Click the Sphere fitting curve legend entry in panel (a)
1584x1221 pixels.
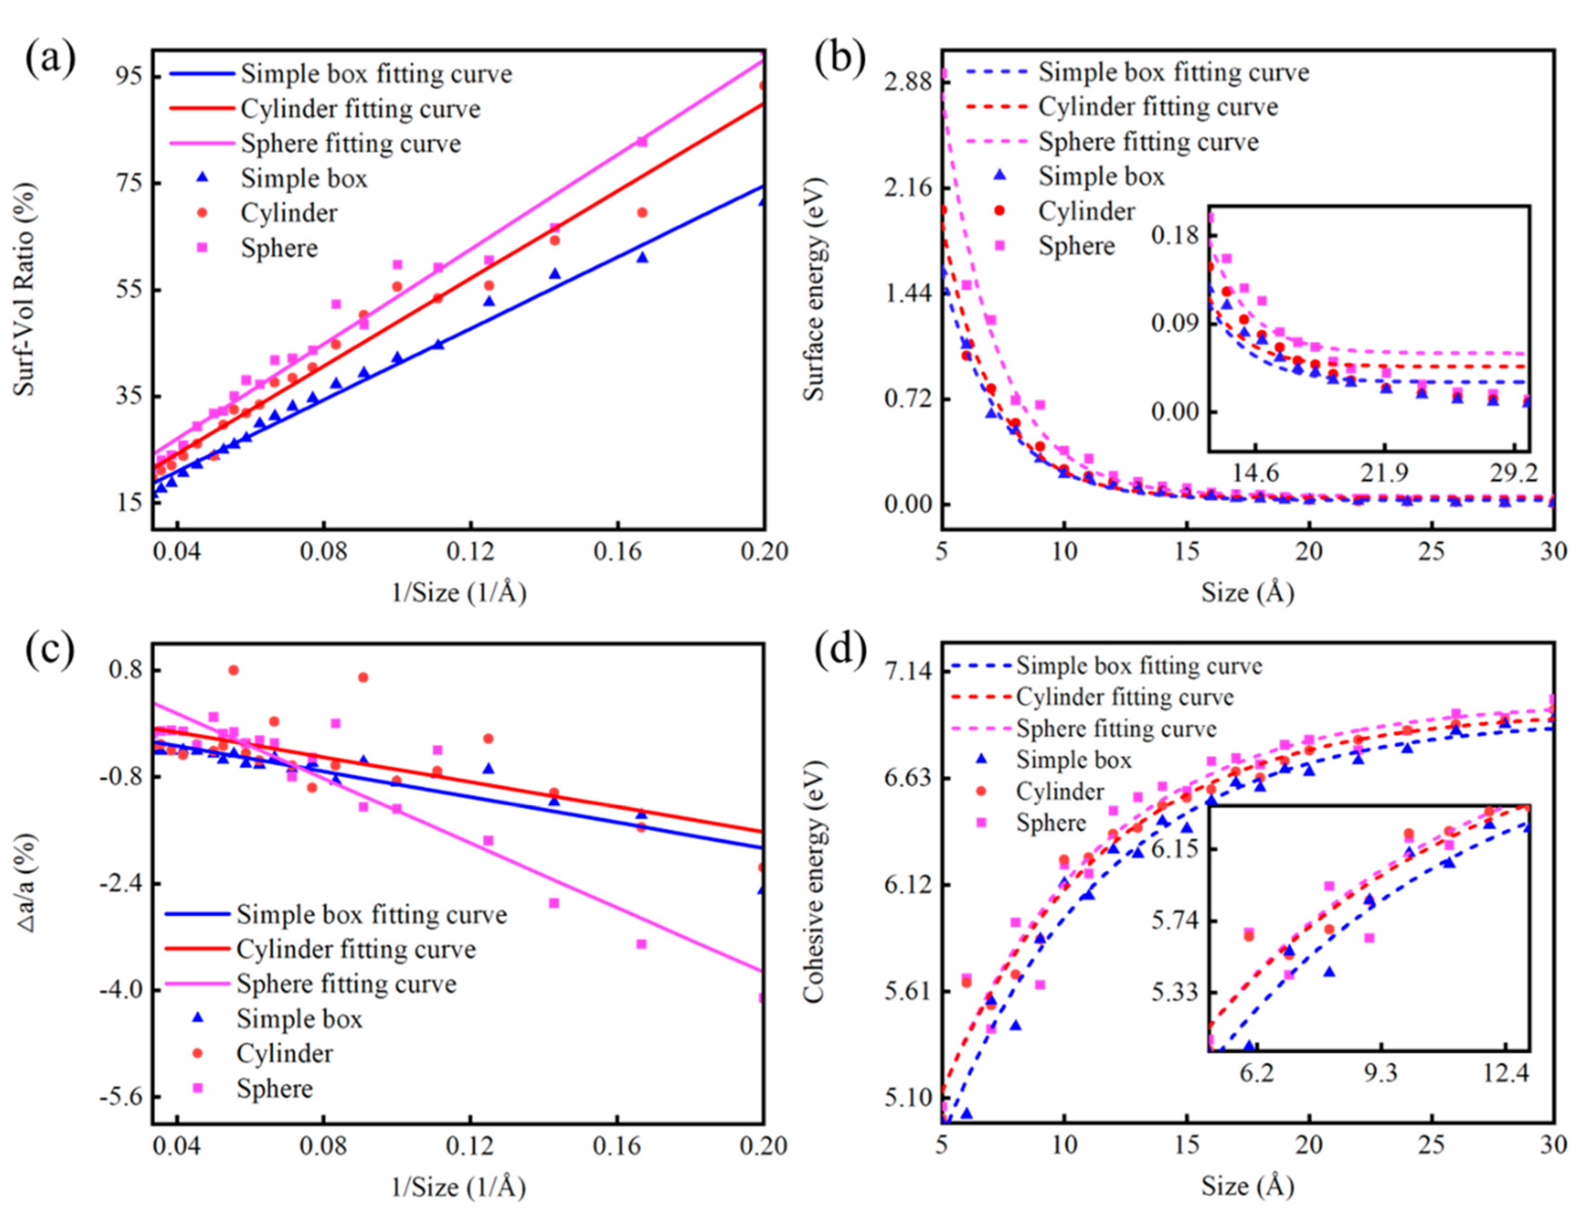351,144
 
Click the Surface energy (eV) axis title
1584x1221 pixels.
815,289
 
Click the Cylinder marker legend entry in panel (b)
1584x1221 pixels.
1086,211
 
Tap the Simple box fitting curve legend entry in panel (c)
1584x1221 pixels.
371,914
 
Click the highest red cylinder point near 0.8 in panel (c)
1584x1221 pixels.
233,670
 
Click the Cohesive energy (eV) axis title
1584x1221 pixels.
815,881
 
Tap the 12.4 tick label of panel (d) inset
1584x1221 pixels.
1505,1072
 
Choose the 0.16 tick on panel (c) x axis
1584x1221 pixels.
617,1146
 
